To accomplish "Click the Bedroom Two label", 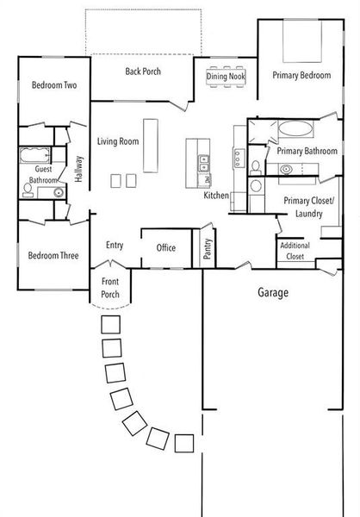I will pyautogui.click(x=55, y=85).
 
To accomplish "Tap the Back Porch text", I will pyautogui.click(x=142, y=72).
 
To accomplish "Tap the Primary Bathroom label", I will pyautogui.click(x=307, y=151).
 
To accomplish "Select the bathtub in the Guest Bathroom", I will pyautogui.click(x=35, y=159).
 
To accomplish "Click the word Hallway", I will pyautogui.click(x=78, y=168).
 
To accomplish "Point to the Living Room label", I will pyautogui.click(x=118, y=140).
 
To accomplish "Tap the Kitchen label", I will pyautogui.click(x=216, y=196).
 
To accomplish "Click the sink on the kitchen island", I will pyautogui.click(x=202, y=159).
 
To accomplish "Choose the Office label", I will pyautogui.click(x=165, y=247).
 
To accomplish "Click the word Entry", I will pyautogui.click(x=115, y=245).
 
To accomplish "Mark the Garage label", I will pyautogui.click(x=273, y=293).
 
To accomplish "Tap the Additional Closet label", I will pyautogui.click(x=294, y=250).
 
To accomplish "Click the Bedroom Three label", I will pyautogui.click(x=53, y=255).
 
